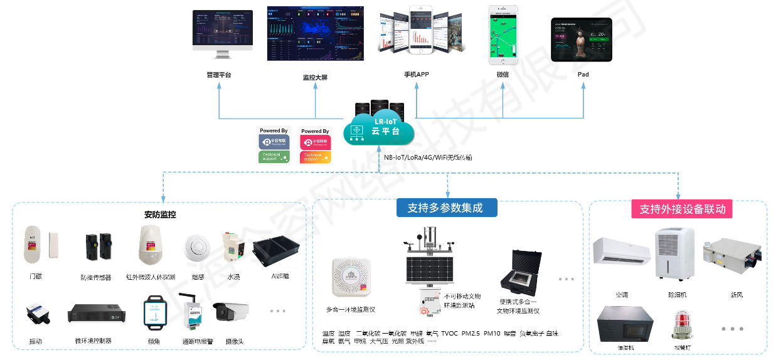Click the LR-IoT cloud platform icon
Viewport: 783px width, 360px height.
tap(378, 129)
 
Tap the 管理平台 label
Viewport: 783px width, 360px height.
tap(218, 75)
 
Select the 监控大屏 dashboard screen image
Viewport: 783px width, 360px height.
tap(315, 34)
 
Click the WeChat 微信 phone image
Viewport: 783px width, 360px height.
tap(504, 35)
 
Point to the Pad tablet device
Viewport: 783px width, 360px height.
tap(582, 40)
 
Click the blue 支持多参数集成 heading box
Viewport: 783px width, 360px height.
tap(446, 208)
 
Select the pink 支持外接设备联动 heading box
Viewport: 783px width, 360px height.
tap(682, 209)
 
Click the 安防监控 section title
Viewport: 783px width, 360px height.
tap(160, 214)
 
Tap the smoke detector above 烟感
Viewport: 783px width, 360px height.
tap(196, 247)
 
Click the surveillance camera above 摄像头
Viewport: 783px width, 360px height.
tap(230, 312)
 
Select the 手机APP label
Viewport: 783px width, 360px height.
tap(417, 75)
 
